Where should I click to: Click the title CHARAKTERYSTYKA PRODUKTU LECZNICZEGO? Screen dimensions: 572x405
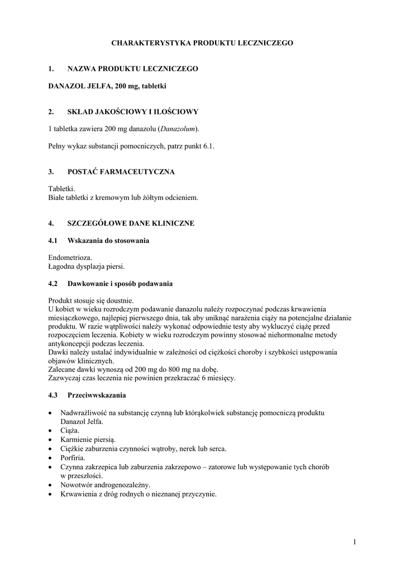tap(202, 42)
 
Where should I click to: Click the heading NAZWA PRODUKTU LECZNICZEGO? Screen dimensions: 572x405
tap(132, 69)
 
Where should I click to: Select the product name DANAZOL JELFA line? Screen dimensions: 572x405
tap(108, 86)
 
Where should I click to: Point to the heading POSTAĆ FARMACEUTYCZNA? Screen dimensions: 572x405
tap(121, 172)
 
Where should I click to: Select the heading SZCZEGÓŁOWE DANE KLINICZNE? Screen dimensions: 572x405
tap(131, 223)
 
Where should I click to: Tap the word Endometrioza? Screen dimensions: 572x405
tap(70, 258)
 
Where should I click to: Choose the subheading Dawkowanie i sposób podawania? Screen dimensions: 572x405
tap(120, 284)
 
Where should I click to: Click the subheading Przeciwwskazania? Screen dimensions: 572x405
tap(97, 395)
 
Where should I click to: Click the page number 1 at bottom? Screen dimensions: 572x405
tap(355, 541)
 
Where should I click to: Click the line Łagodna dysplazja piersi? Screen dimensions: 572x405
tap(87, 266)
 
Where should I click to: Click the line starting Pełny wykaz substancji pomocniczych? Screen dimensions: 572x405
tap(131, 146)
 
